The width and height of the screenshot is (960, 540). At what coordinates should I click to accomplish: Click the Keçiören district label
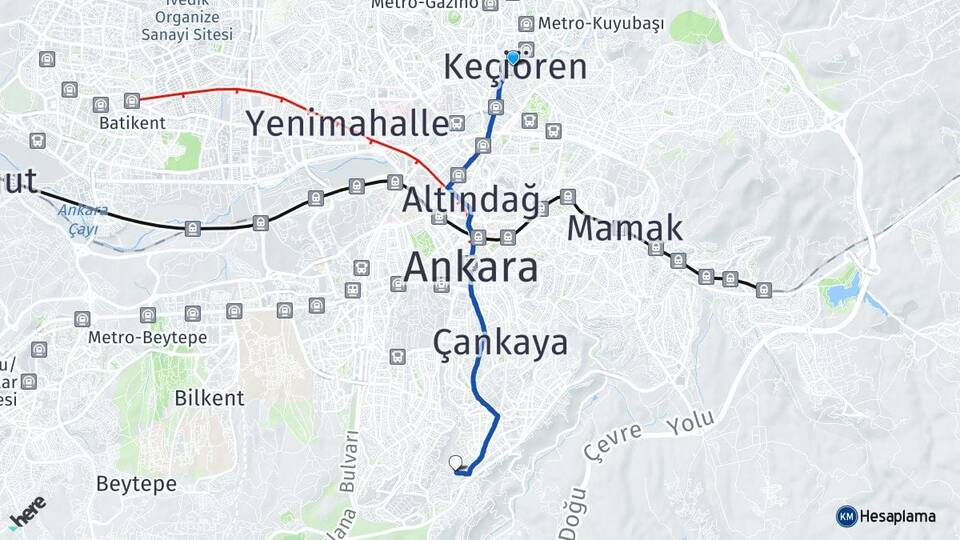tap(515, 68)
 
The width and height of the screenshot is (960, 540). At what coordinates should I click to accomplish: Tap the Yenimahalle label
tap(347, 124)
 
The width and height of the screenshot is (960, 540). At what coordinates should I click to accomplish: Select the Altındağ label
tap(470, 200)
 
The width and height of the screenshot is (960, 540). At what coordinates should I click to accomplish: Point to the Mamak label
tap(625, 228)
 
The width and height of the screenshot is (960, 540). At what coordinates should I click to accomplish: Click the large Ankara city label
tap(471, 268)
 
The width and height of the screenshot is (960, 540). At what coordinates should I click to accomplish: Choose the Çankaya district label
tap(500, 343)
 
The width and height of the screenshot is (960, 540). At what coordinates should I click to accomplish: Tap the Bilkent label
tap(209, 398)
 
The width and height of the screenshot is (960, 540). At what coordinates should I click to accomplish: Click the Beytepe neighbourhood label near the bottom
tap(136, 484)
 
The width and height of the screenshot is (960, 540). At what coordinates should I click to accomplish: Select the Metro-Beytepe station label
tap(147, 338)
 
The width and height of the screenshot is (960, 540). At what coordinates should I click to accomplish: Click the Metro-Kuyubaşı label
tap(600, 24)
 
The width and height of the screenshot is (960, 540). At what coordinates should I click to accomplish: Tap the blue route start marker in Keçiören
tap(513, 58)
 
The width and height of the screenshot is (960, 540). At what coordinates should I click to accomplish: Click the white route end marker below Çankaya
tap(456, 462)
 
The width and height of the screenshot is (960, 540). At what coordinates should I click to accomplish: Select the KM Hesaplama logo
tap(886, 516)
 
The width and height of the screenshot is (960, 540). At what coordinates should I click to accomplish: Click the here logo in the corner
tap(27, 513)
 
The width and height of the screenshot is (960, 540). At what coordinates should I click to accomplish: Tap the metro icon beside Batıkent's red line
tap(132, 100)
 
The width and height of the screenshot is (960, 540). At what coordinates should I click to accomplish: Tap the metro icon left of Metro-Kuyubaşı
tap(526, 24)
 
